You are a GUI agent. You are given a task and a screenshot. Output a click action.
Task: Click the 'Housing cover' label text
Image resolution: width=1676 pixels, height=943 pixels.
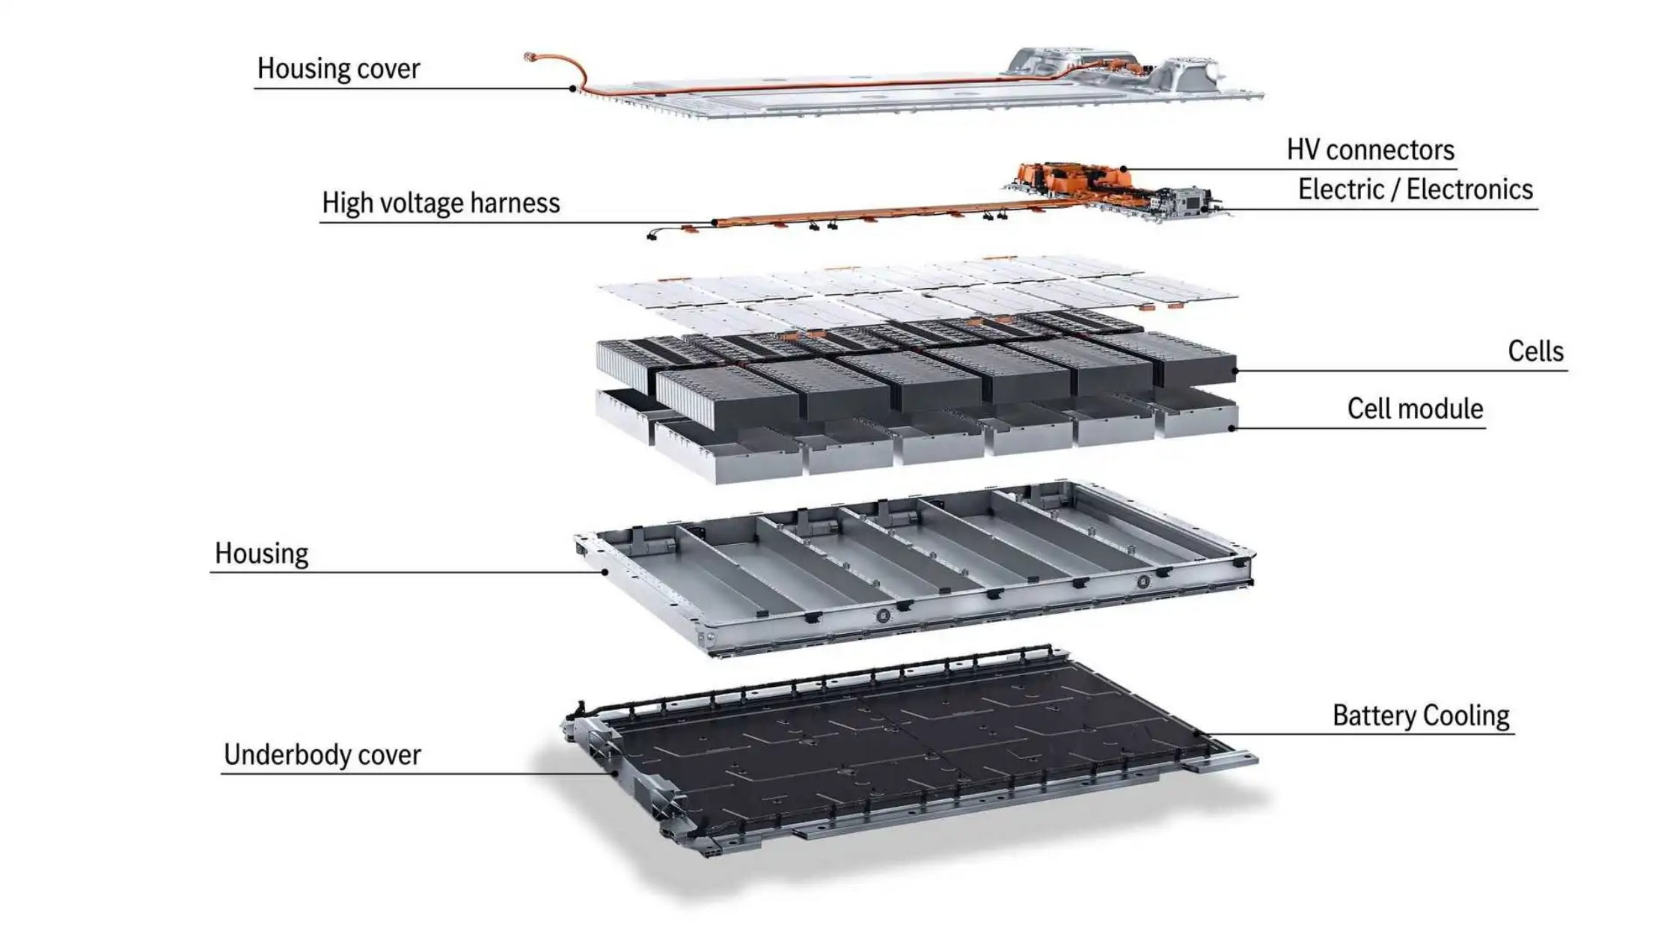coord(338,69)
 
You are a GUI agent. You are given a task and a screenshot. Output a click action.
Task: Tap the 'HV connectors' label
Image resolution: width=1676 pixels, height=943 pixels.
coord(1370,150)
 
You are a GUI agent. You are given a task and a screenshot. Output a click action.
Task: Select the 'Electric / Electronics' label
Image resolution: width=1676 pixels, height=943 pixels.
coord(1415,190)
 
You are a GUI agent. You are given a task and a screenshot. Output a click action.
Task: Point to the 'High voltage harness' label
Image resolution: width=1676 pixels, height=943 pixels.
coord(441,204)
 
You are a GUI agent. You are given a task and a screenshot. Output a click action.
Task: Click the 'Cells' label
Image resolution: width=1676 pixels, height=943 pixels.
coord(1535,352)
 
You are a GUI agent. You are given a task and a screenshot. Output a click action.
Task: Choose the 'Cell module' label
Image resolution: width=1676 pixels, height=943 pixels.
coord(1415,409)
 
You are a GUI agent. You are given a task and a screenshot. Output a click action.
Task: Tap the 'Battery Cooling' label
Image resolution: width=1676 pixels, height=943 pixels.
coord(1421,716)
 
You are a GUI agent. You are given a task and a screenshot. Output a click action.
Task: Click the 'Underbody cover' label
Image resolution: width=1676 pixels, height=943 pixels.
coord(322,755)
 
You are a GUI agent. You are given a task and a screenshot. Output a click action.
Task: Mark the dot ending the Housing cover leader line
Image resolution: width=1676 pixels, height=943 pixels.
coord(572,89)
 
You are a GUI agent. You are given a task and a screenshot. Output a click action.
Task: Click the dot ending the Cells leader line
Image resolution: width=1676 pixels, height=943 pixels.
coord(1235,370)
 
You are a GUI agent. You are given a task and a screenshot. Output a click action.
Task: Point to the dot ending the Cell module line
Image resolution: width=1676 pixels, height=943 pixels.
coord(1232,429)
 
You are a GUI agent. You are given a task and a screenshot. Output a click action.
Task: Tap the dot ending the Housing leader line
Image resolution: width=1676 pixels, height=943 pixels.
coord(605,573)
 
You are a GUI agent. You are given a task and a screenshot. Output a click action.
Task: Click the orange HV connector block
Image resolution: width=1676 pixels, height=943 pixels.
coord(1070,177)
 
